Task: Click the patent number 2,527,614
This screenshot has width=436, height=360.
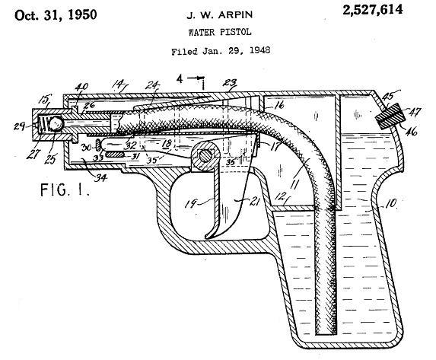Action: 373,11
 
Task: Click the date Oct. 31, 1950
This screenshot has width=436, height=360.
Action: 56,14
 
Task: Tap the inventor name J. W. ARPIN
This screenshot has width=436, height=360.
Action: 219,14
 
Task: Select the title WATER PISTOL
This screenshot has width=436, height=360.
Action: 220,32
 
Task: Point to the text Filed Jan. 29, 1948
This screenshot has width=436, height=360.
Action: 221,51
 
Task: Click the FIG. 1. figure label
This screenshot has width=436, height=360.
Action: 65,190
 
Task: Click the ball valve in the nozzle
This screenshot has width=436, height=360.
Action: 56,123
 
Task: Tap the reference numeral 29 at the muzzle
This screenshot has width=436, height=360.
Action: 20,126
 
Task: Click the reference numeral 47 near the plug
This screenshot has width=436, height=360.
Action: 415,111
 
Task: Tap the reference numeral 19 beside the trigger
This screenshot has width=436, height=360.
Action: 191,204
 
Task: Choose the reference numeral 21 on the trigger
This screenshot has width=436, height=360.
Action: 254,202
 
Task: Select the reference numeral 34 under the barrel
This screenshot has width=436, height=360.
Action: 100,177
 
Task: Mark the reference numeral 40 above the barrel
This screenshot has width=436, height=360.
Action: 81,87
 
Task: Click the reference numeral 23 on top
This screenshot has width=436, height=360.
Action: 230,83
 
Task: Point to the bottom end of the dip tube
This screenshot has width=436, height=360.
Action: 326,333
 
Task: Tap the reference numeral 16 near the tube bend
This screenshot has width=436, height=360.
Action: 278,105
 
